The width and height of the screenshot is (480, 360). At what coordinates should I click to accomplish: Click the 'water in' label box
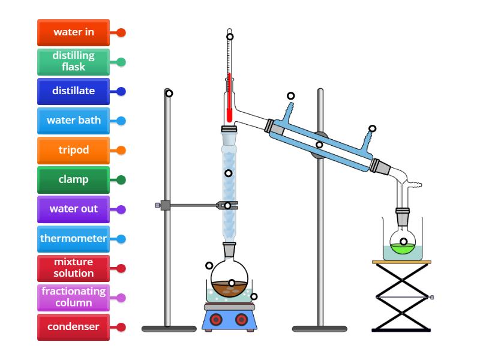73,32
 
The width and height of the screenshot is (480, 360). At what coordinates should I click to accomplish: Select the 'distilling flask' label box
73,62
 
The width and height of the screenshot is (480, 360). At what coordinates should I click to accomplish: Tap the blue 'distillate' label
73,91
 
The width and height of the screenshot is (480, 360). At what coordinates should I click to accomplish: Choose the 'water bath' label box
73,121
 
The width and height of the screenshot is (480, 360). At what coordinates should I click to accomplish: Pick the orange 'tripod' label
73,150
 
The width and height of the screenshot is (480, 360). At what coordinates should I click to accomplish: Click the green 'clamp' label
73,179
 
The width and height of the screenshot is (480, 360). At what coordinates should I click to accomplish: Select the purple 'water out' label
73,209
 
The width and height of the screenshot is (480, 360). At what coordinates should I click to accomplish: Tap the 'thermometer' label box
73,238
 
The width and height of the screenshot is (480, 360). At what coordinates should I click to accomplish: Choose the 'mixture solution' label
73,268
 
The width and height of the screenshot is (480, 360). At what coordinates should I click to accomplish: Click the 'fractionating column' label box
73,297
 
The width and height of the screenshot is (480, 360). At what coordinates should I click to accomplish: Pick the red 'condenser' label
73,327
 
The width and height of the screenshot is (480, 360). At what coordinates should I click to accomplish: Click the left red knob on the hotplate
217,319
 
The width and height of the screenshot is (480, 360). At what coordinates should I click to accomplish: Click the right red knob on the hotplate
242,319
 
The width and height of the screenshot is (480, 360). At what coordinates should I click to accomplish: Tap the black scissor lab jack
401,297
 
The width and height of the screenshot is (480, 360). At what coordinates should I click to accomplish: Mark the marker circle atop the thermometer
230,37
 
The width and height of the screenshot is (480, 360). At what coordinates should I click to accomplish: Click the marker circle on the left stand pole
169,93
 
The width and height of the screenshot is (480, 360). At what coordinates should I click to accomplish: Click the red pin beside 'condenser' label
121,327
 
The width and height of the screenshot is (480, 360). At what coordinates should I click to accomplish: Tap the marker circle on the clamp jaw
227,206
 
